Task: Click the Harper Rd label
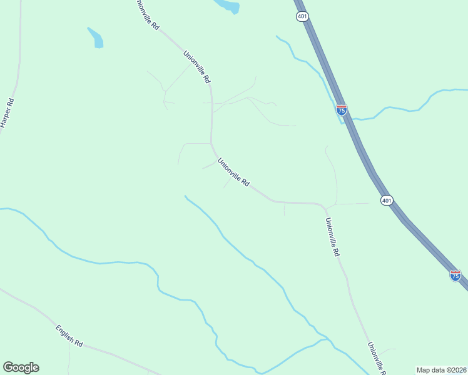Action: [7, 113]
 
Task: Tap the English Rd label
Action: [69, 336]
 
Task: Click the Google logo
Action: [21, 367]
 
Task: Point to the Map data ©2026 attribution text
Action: [440, 369]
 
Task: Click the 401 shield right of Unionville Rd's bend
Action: [387, 200]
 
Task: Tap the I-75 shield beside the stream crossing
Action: [342, 110]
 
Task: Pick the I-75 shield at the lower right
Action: [455, 275]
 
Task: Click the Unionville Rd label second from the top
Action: [196, 67]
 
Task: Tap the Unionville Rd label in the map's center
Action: [234, 172]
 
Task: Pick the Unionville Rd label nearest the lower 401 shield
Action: [332, 237]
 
